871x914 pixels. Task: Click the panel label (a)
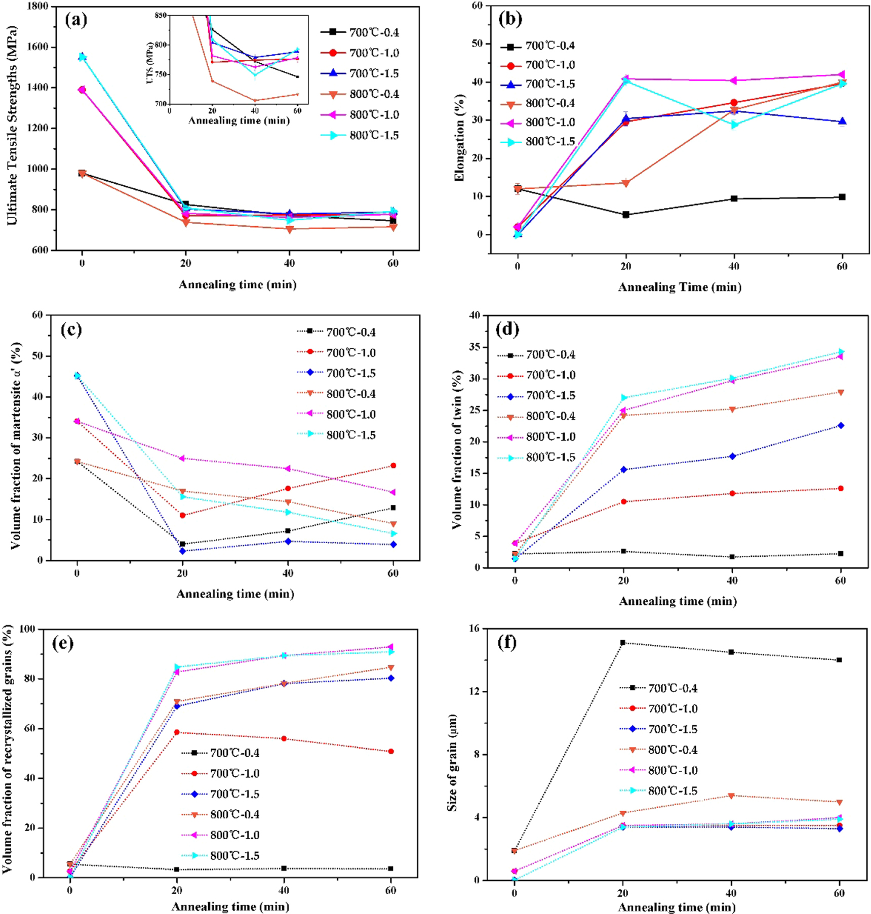(76, 20)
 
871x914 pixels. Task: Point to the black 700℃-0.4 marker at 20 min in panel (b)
(626, 215)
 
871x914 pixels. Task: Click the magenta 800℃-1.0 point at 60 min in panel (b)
(842, 75)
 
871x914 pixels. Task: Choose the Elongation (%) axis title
(459, 137)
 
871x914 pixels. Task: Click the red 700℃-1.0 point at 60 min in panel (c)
(393, 466)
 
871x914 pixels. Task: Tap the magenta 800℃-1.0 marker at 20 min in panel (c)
(182, 459)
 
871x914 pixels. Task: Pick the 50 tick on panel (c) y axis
(37, 356)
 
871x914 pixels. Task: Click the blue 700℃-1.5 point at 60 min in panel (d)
(841, 426)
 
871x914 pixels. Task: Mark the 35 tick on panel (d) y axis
(474, 348)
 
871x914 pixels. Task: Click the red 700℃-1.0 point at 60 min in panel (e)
(391, 752)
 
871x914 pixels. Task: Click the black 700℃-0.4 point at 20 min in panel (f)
(623, 643)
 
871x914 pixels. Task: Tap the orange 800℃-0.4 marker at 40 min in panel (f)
(731, 796)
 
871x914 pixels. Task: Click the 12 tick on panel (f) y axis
(474, 691)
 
